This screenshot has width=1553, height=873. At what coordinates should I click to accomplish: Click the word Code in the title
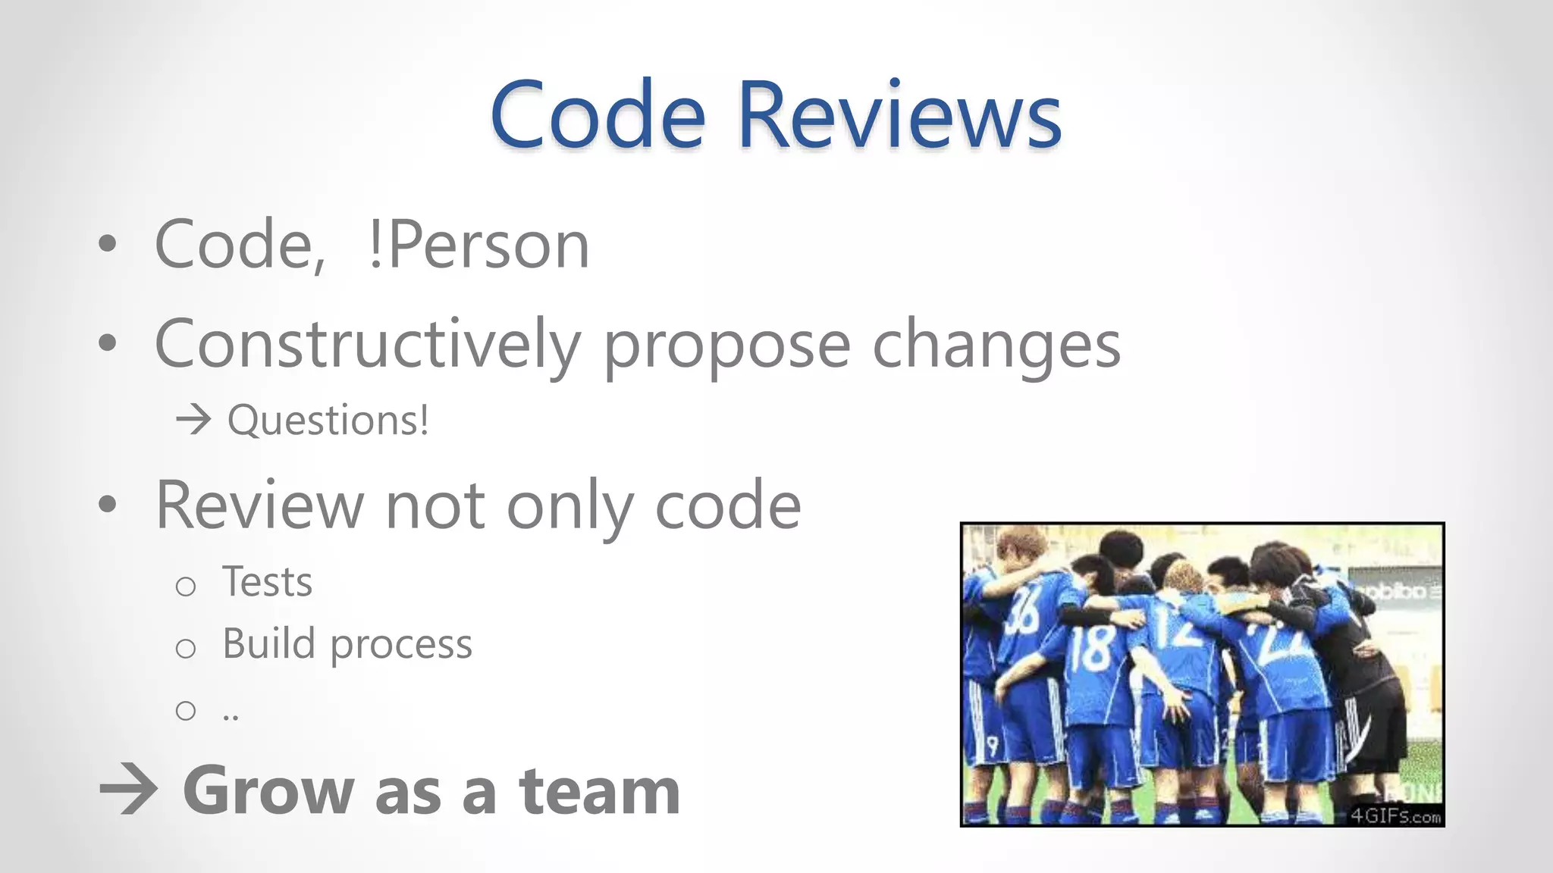[598, 115]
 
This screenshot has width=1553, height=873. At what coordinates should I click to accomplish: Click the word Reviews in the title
[899, 115]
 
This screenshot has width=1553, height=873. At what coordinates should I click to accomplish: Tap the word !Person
[478, 245]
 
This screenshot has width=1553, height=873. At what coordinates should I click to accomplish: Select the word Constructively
[367, 344]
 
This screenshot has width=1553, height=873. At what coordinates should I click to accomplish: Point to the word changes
[996, 346]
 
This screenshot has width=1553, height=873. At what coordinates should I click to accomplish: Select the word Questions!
[328, 420]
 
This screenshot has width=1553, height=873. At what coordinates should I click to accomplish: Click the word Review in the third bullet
[259, 505]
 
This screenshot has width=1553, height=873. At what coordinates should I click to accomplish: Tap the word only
[569, 507]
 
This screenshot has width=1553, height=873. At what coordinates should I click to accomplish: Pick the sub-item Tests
[267, 582]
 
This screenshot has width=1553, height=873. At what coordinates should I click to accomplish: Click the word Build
[268, 643]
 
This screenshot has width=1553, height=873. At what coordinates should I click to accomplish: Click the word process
[401, 646]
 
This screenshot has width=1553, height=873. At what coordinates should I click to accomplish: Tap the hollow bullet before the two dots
[186, 710]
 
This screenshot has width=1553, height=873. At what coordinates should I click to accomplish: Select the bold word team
[599, 790]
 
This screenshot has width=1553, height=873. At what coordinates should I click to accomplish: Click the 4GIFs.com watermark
[1395, 815]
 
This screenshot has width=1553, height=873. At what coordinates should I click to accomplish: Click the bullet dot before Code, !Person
[108, 244]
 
